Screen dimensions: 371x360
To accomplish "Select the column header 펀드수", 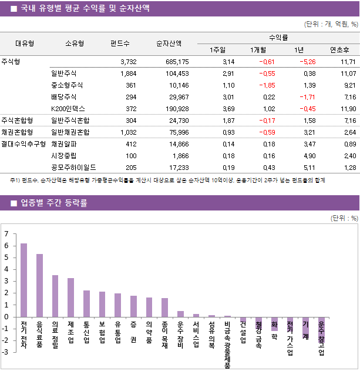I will pyautogui.click(x=120, y=43).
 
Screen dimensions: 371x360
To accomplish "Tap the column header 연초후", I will pyautogui.click(x=340, y=49).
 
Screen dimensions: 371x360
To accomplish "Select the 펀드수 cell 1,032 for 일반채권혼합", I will pyautogui.click(x=128, y=132).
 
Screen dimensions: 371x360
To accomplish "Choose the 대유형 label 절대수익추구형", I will pyautogui.click(x=24, y=144).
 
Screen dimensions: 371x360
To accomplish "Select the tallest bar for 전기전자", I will pyautogui.click(x=24, y=280).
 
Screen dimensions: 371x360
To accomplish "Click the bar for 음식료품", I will pyautogui.click(x=39, y=285).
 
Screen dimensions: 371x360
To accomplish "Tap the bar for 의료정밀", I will pyautogui.click(x=55, y=296).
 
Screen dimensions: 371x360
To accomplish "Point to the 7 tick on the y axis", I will pyautogui.click(x=6, y=233).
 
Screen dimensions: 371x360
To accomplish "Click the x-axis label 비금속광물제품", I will pyautogui.click(x=227, y=344).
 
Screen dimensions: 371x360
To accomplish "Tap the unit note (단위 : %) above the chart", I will pyautogui.click(x=344, y=218).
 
